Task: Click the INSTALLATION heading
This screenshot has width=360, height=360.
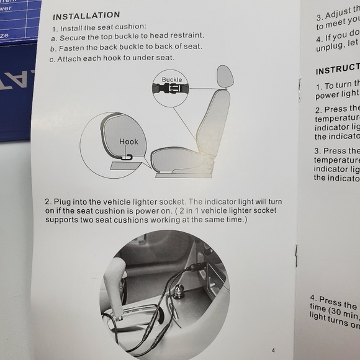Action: pyautogui.click(x=86, y=15)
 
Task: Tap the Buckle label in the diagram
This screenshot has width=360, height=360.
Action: pyautogui.click(x=172, y=80)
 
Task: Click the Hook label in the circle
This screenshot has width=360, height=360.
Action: pyautogui.click(x=128, y=142)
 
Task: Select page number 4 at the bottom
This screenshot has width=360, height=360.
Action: pyautogui.click(x=273, y=350)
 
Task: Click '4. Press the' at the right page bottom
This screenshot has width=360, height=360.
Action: pyautogui.click(x=333, y=305)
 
